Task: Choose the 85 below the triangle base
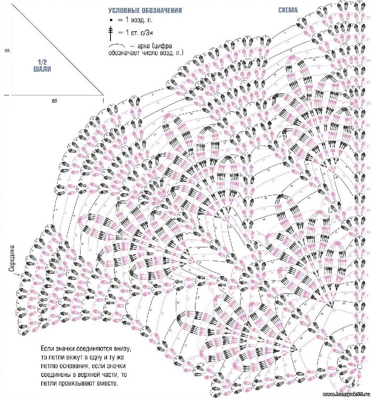click(54, 100)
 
